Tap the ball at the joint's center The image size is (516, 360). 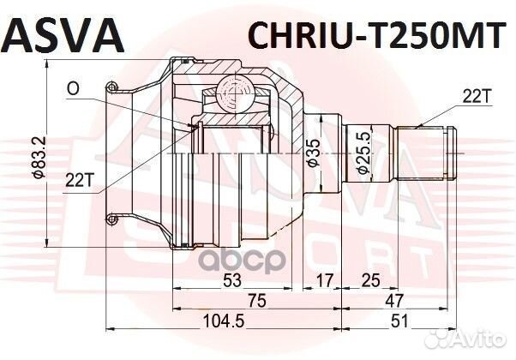click(x=234, y=91)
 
